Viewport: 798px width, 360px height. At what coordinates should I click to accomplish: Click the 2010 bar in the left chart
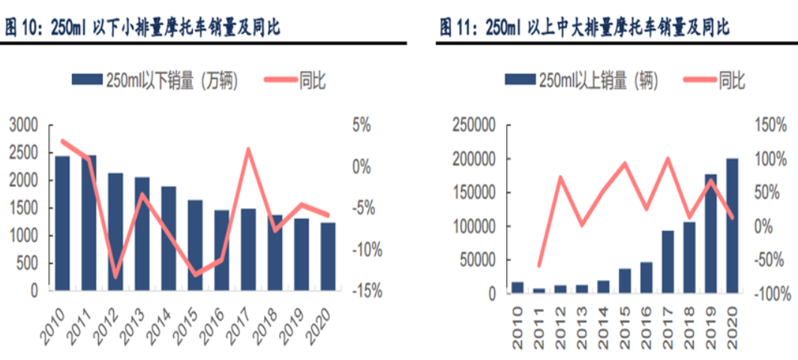point(61,223)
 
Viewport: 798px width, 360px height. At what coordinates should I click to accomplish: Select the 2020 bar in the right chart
point(732,225)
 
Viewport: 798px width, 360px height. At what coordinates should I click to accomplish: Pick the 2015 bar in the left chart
point(195,244)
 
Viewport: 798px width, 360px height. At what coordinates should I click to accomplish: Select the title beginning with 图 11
point(585,28)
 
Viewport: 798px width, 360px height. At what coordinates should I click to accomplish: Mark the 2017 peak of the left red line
point(248,149)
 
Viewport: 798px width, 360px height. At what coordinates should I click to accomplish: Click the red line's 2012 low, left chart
point(115,277)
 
